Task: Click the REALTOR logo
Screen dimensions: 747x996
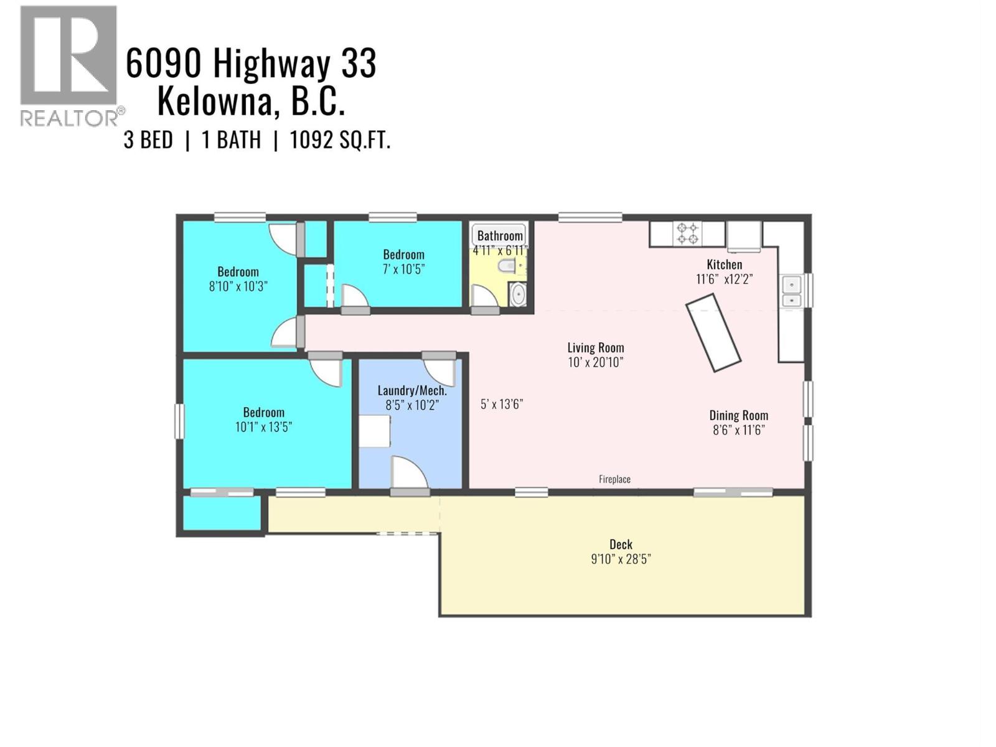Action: pyautogui.click(x=68, y=65)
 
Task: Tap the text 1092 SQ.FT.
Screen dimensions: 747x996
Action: pyautogui.click(x=340, y=140)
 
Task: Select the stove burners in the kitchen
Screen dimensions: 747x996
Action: pyautogui.click(x=687, y=233)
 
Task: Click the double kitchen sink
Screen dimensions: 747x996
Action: pyautogui.click(x=791, y=292)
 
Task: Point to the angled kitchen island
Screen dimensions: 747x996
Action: pyautogui.click(x=713, y=333)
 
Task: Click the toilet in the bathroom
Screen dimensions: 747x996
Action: pyautogui.click(x=509, y=267)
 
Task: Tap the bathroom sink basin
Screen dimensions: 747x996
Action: pyautogui.click(x=518, y=294)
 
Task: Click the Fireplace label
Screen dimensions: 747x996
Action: pyautogui.click(x=614, y=479)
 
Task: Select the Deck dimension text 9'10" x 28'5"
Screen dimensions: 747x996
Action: pyautogui.click(x=621, y=559)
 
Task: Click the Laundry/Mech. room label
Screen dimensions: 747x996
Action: pyautogui.click(x=412, y=390)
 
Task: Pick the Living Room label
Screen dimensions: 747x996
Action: pyautogui.click(x=595, y=347)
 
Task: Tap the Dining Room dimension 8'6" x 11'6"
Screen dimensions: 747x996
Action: pyautogui.click(x=738, y=430)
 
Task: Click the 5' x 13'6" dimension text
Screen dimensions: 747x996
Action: pyautogui.click(x=501, y=404)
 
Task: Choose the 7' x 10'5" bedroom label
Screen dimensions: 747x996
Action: pyautogui.click(x=403, y=270)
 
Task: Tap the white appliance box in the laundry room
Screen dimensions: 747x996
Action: pyautogui.click(x=374, y=431)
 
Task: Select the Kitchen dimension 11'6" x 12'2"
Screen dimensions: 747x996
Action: pyautogui.click(x=724, y=280)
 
